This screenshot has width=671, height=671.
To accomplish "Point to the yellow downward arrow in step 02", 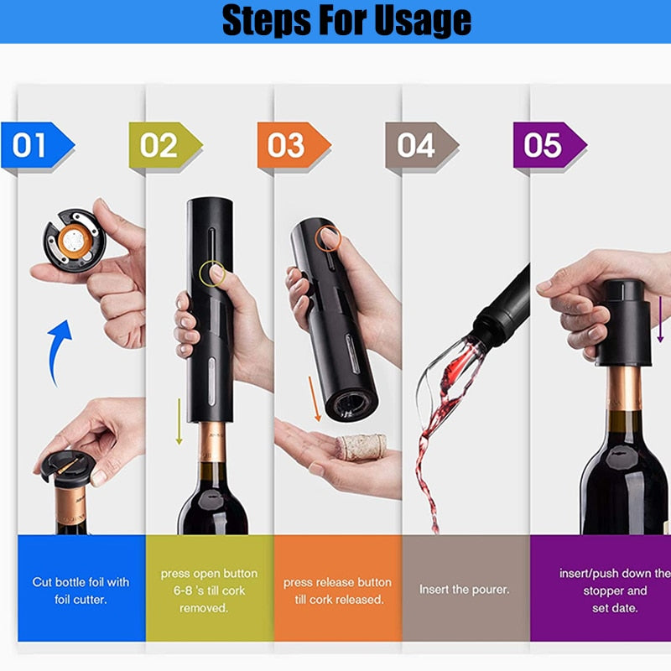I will pos(179,419).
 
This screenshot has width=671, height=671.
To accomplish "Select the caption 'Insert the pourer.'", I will pos(464,590).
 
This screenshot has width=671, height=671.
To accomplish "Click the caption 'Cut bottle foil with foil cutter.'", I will pos(81,589).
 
